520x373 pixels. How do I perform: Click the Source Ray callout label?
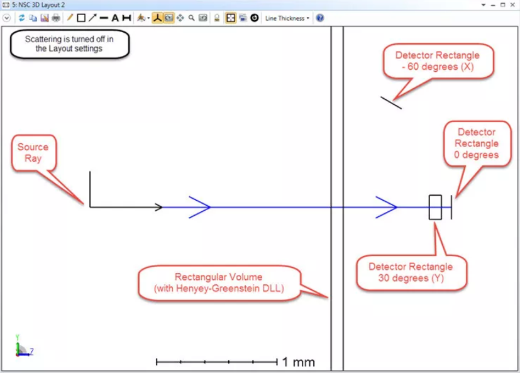click(33, 153)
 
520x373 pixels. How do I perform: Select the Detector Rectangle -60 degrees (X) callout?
click(438, 61)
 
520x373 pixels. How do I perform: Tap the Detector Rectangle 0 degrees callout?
click(477, 143)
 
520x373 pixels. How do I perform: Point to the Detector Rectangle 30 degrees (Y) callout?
click(411, 272)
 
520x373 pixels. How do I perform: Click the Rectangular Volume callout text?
click(219, 282)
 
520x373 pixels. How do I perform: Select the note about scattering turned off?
click(69, 44)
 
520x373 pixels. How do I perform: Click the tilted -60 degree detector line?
click(391, 103)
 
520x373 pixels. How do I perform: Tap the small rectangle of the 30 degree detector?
click(435, 207)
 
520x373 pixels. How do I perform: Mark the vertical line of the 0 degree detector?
click(451, 207)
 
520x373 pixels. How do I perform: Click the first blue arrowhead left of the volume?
click(200, 207)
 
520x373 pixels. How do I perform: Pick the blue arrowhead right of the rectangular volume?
click(386, 207)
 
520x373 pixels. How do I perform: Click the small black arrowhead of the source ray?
click(159, 207)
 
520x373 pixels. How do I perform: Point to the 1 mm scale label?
click(299, 362)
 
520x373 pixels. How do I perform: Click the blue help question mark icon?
click(319, 18)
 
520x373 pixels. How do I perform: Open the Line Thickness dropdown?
click(287, 18)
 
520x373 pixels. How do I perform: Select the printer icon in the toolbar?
click(56, 18)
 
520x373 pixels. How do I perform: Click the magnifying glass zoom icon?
click(191, 18)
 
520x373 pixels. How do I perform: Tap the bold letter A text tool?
click(115, 18)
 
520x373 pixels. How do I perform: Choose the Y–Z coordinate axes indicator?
click(24, 346)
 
